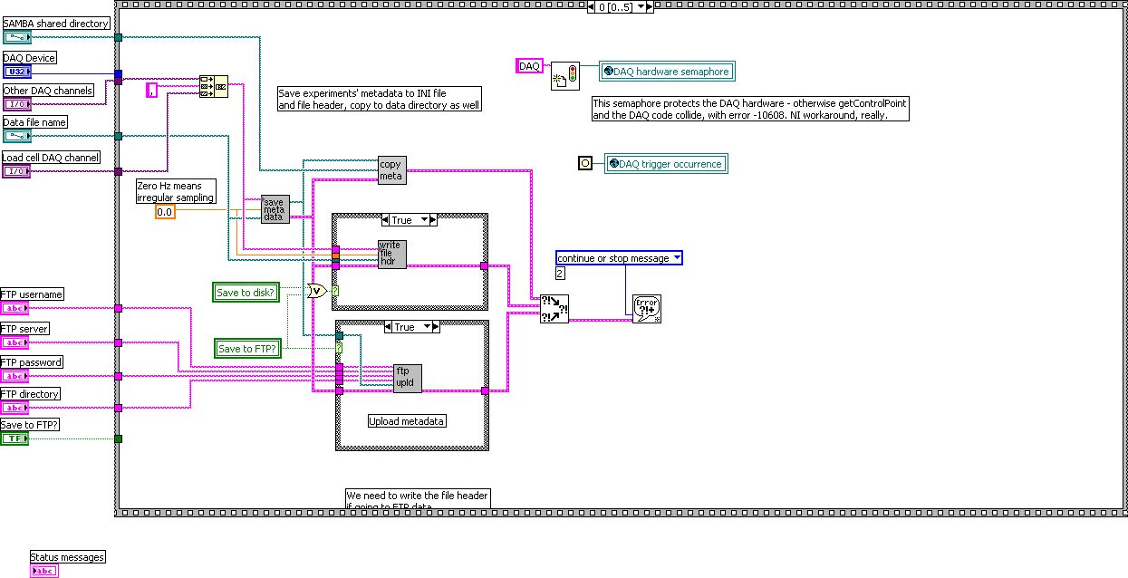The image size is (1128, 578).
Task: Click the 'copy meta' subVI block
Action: point(391,170)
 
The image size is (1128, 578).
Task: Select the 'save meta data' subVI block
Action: point(274,209)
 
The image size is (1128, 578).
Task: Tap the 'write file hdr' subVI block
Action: point(391,255)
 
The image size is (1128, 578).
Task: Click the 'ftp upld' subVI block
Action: point(408,378)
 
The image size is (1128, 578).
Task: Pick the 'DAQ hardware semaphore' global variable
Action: point(664,72)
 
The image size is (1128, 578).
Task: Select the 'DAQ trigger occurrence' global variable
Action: point(666,164)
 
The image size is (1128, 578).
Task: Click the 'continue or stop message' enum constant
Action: point(619,258)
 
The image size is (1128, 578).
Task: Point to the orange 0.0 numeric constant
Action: point(164,212)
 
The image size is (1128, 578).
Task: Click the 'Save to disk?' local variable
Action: point(246,292)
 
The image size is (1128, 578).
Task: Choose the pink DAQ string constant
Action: point(529,66)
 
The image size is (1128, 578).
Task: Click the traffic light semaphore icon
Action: point(564,75)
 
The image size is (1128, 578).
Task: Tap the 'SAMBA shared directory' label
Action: point(56,24)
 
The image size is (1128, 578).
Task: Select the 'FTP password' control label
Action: point(32,362)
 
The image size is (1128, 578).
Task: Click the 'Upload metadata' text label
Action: point(407,421)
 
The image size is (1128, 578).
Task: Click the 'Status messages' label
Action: point(67,557)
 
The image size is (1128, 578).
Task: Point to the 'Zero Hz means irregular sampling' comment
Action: point(176,191)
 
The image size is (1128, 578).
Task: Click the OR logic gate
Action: point(316,291)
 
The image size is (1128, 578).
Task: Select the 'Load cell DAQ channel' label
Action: point(51,158)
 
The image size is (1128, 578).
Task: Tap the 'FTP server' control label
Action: point(25,329)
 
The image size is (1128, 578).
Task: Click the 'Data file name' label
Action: point(34,122)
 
